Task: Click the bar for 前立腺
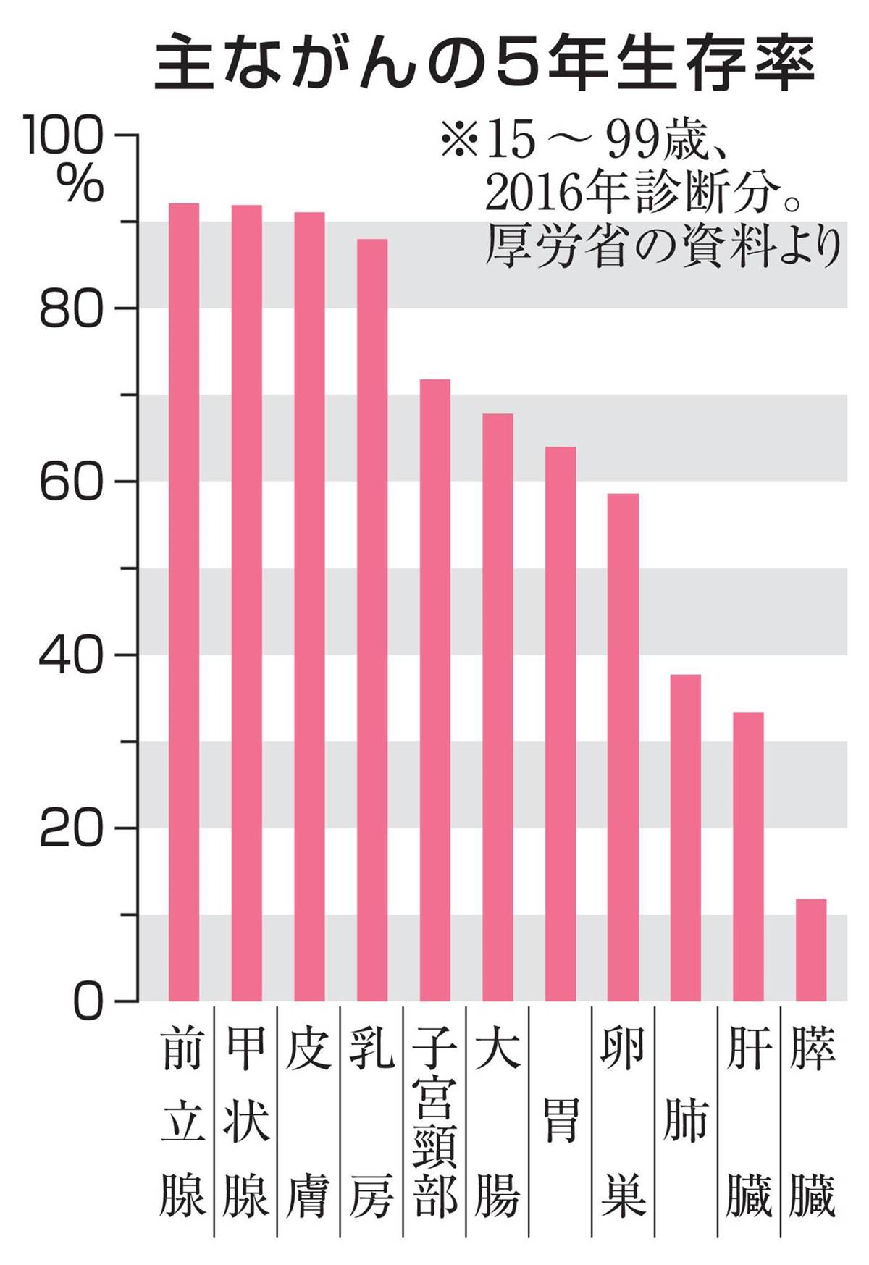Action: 183,601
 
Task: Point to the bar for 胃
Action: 561,724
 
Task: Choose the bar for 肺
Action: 686,837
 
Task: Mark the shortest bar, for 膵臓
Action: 811,949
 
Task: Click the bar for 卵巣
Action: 623,747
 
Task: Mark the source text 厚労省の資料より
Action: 663,246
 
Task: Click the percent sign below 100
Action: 80,184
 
